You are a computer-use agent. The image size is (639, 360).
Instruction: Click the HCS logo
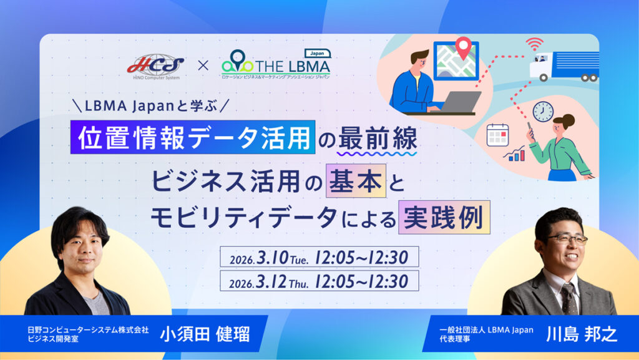[x=155, y=66]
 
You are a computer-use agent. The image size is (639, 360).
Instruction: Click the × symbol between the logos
[x=203, y=65]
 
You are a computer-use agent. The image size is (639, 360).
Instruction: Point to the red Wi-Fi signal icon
[x=534, y=43]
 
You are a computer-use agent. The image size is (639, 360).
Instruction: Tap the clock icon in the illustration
[x=544, y=111]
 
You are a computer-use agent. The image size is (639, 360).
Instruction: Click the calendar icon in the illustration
[x=497, y=135]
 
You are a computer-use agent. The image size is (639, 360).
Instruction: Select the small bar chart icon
[x=514, y=153]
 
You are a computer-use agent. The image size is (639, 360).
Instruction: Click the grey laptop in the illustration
[x=460, y=102]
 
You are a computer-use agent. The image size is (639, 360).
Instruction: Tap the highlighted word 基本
[x=356, y=181]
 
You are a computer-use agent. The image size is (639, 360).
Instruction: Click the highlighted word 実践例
[x=444, y=218]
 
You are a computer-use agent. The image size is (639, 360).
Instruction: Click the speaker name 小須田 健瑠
[x=205, y=334]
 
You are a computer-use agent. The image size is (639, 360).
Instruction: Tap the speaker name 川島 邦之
[x=582, y=334]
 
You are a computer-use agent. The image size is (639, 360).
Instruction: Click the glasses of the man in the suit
[x=567, y=239]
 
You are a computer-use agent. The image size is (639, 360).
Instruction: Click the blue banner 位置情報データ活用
[x=193, y=137]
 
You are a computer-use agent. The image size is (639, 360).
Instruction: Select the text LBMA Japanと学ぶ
[x=150, y=106]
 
